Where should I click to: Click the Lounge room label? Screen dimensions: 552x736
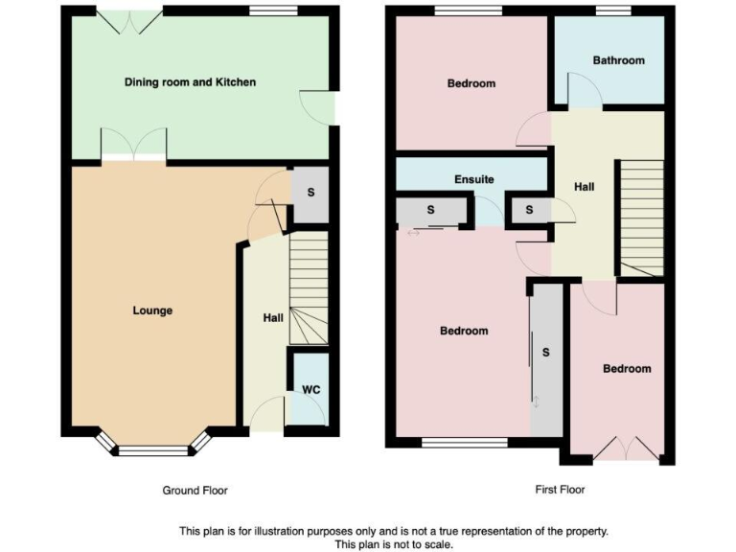[x=152, y=310]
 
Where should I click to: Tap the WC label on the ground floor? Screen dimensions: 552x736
[x=310, y=390]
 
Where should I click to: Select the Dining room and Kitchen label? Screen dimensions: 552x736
[x=191, y=82]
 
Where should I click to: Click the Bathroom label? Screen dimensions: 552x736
[x=618, y=60]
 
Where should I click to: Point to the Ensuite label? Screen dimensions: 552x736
[x=473, y=179]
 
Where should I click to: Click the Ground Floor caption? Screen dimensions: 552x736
[x=195, y=490]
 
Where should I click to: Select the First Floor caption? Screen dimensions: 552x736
[x=560, y=490]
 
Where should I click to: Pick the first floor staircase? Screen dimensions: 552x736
[x=641, y=217]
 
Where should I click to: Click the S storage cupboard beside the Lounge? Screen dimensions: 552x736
[x=310, y=192]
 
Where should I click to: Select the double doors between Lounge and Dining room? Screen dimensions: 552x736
[x=134, y=146]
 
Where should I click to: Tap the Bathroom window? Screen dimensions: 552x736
[x=613, y=11]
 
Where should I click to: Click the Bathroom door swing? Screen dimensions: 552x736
[x=585, y=92]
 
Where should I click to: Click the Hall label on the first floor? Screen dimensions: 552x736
[x=584, y=187]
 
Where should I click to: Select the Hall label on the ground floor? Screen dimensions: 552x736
[x=273, y=318]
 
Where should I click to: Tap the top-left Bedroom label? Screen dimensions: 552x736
[x=471, y=83]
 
